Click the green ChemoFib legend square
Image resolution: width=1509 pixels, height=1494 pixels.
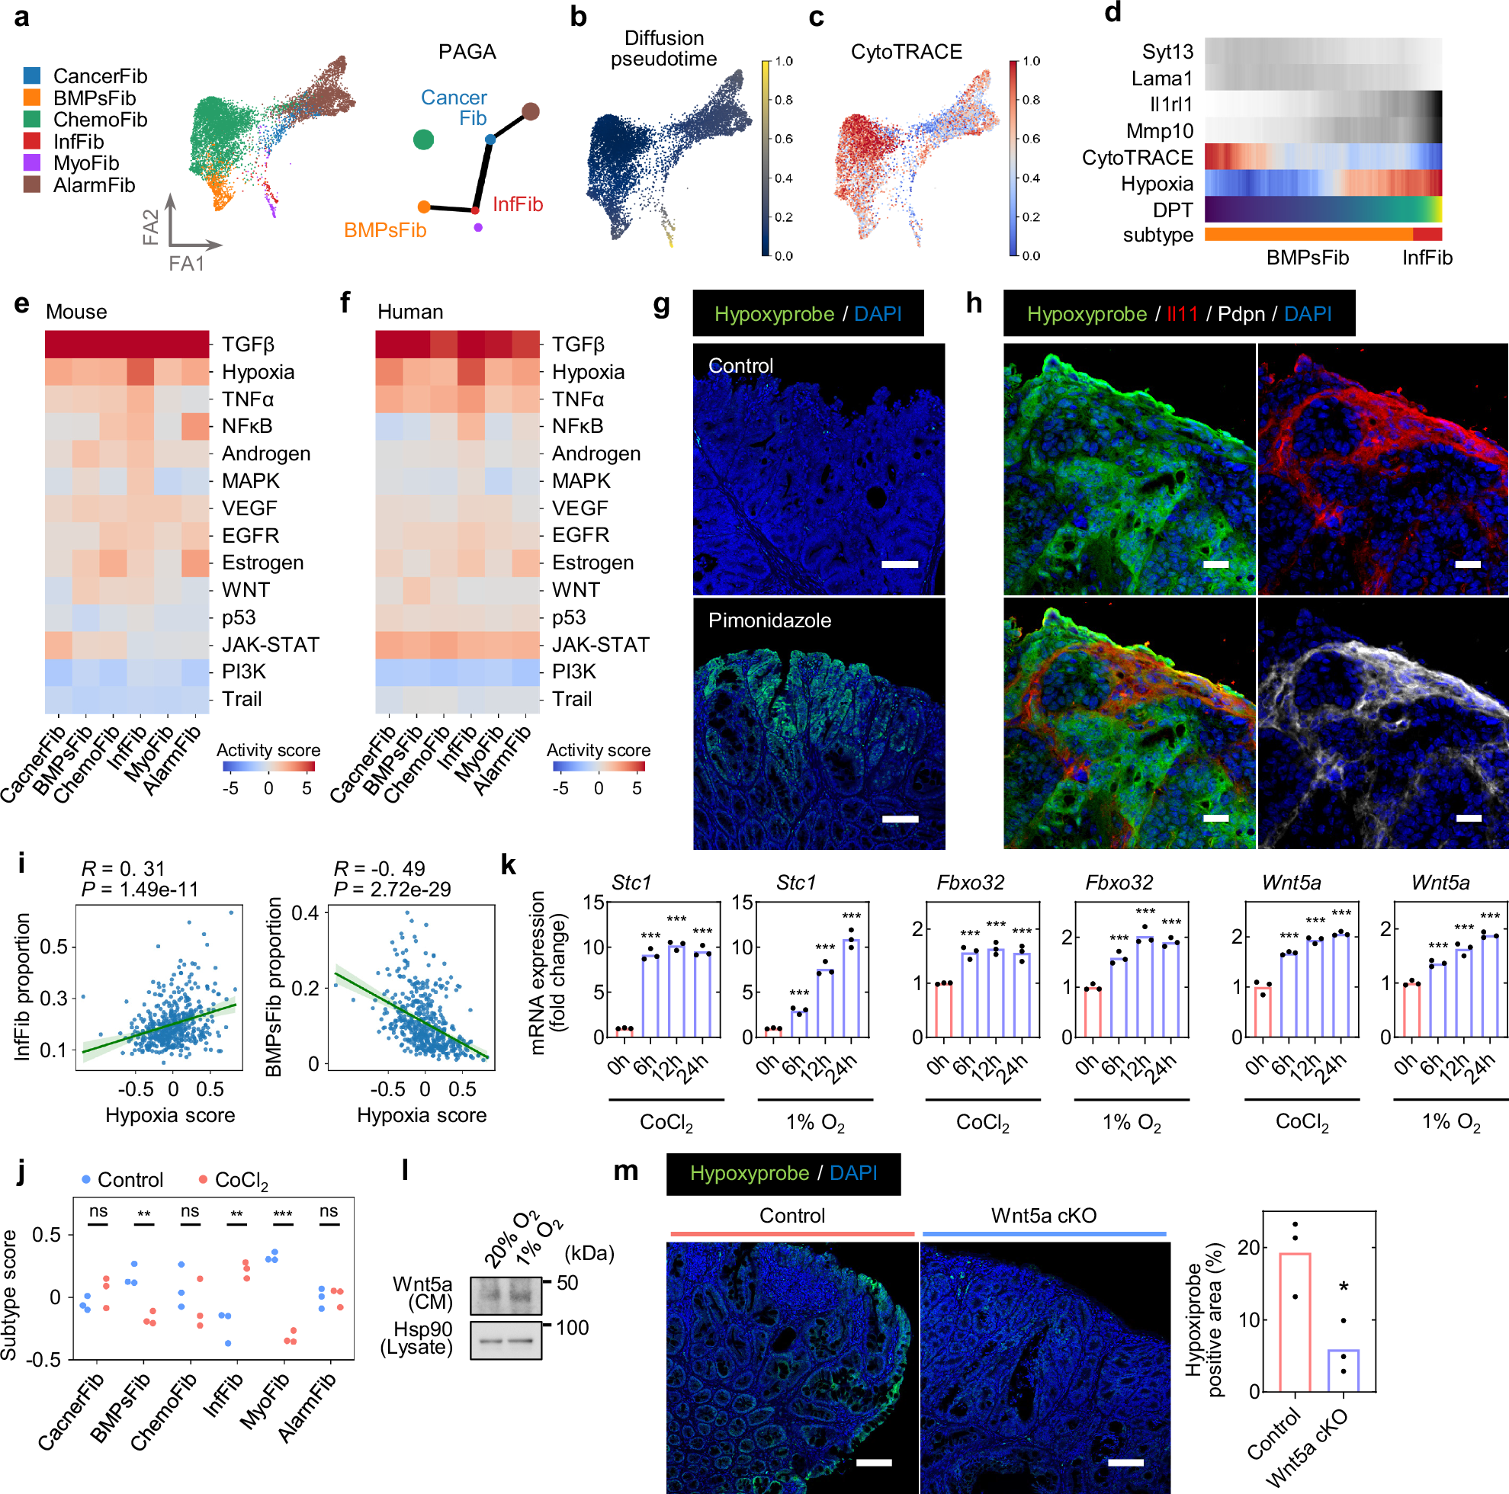(32, 120)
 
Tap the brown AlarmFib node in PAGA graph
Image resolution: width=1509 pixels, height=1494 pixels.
(531, 112)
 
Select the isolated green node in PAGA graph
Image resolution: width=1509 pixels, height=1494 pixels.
(423, 139)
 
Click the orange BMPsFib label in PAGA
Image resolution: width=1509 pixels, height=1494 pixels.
(385, 230)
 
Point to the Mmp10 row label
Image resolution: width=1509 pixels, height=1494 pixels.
(1159, 131)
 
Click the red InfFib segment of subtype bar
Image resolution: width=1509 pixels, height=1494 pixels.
(1427, 234)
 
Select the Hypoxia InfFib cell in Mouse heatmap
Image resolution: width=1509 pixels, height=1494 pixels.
(140, 372)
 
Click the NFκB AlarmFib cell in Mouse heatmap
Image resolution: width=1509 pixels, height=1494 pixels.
(195, 426)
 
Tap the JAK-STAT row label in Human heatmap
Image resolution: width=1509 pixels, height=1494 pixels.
(601, 644)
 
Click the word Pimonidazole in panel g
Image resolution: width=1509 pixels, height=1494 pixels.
(769, 620)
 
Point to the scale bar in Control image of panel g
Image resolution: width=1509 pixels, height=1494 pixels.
(900, 564)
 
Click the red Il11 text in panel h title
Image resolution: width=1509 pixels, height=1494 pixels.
(1182, 314)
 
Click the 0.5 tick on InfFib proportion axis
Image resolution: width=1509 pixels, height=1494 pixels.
(53, 947)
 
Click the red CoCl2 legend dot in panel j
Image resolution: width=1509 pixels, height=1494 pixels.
(203, 1179)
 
